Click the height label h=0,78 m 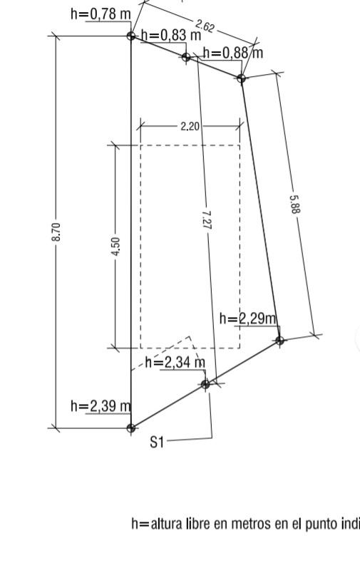point(101,14)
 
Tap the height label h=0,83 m point(171,36)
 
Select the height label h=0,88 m point(233,53)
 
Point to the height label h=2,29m point(248,319)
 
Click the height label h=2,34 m point(175,363)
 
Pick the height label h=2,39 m point(101,406)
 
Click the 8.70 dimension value point(56,232)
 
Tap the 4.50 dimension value point(115,247)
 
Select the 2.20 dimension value point(190,127)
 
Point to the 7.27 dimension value point(207,220)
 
